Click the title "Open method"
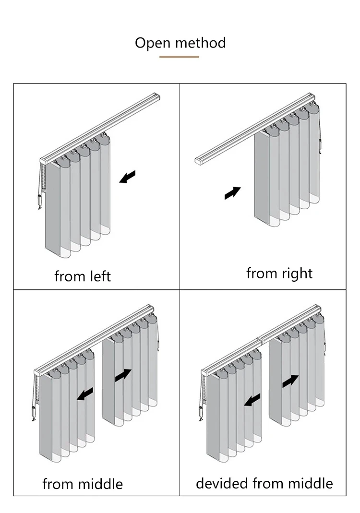[180, 43]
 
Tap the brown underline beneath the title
[179, 57]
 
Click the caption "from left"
[83, 276]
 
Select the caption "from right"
[279, 273]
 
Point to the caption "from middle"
[83, 484]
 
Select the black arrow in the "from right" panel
[232, 193]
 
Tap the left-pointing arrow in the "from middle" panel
[85, 394]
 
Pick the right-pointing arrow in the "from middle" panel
[123, 375]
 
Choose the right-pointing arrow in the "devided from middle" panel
[290, 382]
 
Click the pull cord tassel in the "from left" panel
[40, 202]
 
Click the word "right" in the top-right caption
[298, 273]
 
